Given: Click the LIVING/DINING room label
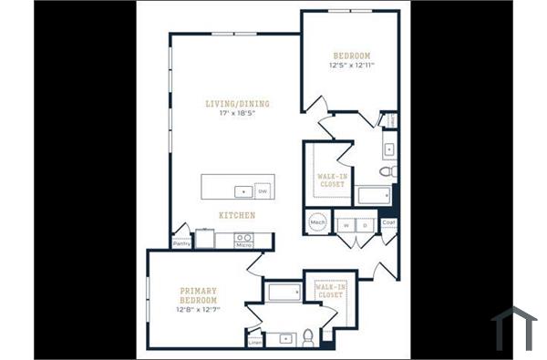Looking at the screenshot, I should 237,104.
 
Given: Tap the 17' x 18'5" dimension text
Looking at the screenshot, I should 237,115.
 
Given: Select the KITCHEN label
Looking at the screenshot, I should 236,215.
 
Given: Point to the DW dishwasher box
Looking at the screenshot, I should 263,191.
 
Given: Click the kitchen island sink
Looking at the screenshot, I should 243,191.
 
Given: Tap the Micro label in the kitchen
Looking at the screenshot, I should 243,245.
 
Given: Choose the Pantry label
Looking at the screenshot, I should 181,243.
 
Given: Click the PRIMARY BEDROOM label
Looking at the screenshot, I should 198,294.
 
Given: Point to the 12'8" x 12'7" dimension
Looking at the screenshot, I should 198,310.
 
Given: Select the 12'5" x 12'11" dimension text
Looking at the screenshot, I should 352,67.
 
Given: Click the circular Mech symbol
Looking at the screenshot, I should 318,221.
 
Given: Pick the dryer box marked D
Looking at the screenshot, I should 365,223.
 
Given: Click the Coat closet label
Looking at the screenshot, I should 388,222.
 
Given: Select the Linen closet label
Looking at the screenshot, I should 254,342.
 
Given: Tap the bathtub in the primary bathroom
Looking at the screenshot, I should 283,293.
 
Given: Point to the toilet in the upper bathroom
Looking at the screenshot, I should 386,170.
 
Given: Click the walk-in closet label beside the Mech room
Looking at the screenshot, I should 330,179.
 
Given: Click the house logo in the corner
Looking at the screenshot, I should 514,328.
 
